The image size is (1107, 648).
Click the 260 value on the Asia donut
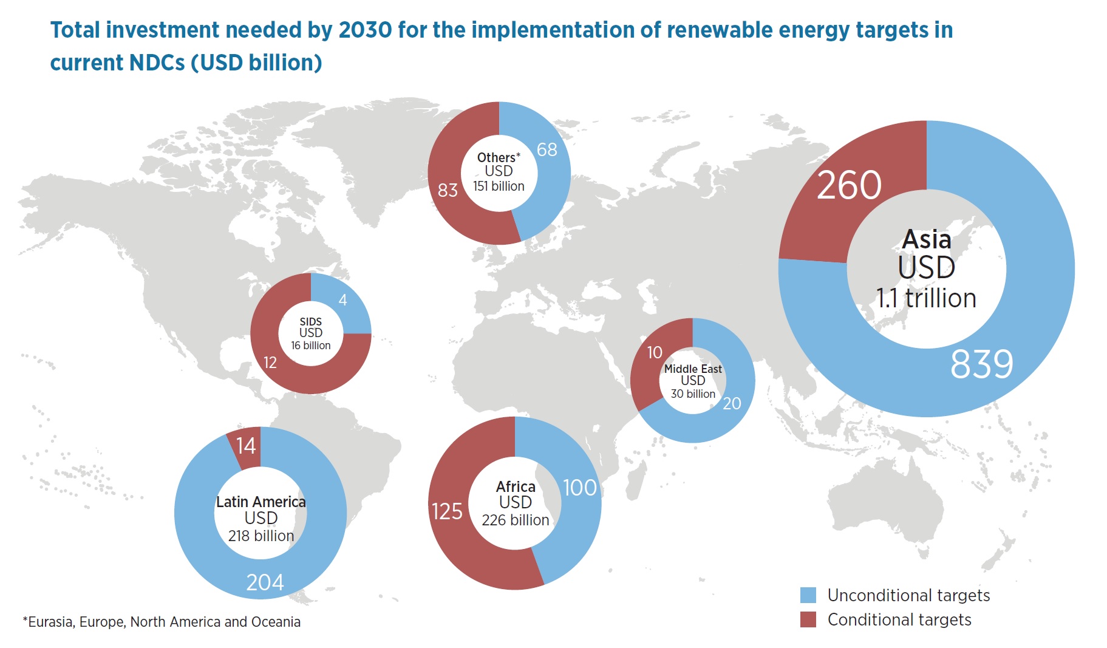coord(849,185)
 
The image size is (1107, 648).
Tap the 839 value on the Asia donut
coord(981,364)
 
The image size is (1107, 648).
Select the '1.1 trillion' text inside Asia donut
coord(926,298)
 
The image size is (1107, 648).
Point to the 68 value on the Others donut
coord(547,149)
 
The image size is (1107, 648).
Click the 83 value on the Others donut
coord(448,190)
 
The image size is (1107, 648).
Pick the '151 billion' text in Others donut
coord(499,186)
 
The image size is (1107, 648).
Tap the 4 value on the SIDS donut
coord(343,300)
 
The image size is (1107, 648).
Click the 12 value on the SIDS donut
coord(270,363)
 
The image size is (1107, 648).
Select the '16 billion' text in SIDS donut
coord(311,346)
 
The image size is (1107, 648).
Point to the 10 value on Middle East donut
coord(655,352)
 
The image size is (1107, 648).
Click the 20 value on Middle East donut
coord(732,403)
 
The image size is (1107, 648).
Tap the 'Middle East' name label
coord(693,369)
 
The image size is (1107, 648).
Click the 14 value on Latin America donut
coord(246,446)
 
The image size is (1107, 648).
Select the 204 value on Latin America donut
coord(265,582)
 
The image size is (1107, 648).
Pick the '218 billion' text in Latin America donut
coord(261,536)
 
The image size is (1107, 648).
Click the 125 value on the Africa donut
coord(447,511)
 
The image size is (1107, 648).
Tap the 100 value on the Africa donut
coord(580,488)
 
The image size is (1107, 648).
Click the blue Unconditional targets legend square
coord(808,595)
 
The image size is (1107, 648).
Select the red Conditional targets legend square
coord(808,619)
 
